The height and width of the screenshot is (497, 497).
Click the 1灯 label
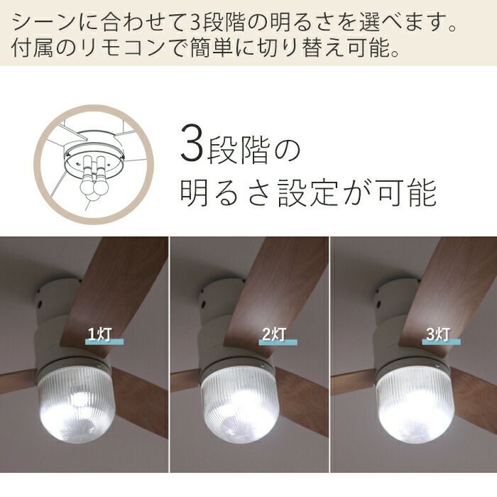100,334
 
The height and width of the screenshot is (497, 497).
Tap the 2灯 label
274,334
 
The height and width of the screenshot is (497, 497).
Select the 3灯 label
438,334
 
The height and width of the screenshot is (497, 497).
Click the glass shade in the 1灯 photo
77,404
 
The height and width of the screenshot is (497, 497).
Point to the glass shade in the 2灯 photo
240,405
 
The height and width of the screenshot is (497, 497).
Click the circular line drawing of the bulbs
94,165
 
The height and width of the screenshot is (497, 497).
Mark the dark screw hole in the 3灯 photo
378,305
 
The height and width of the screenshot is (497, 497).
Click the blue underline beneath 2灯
278,342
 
